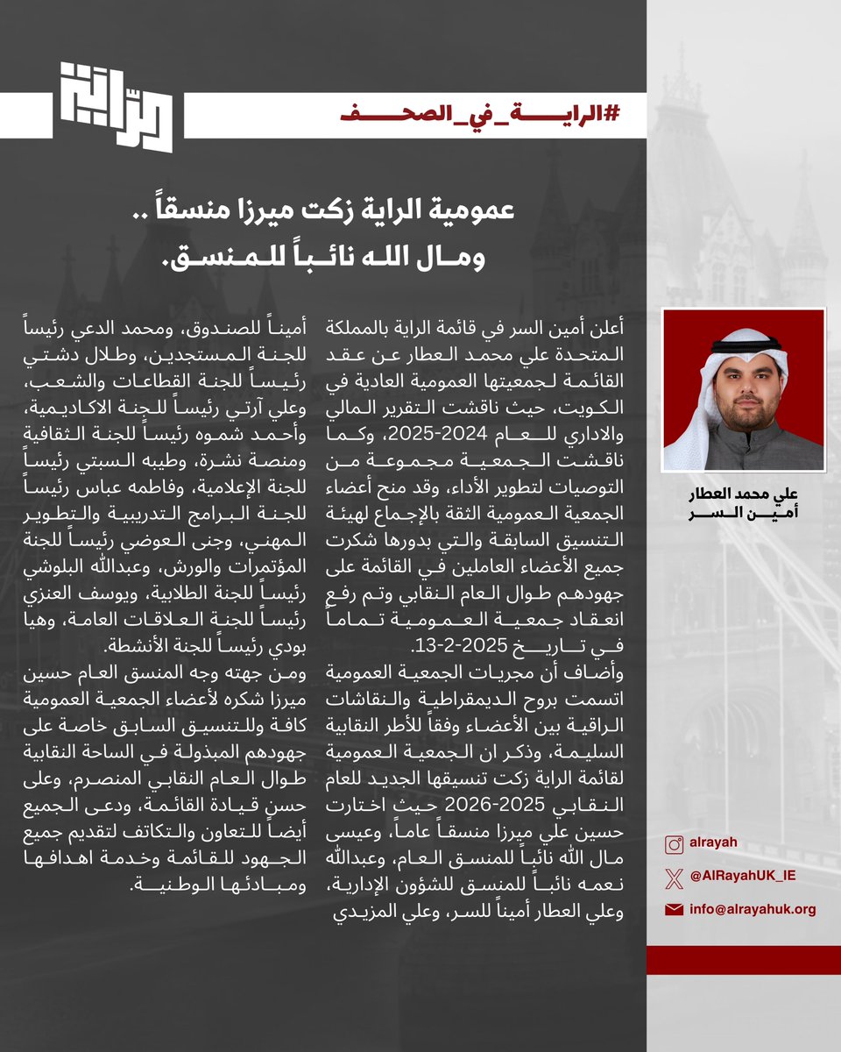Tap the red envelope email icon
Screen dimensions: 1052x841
(x=674, y=910)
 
